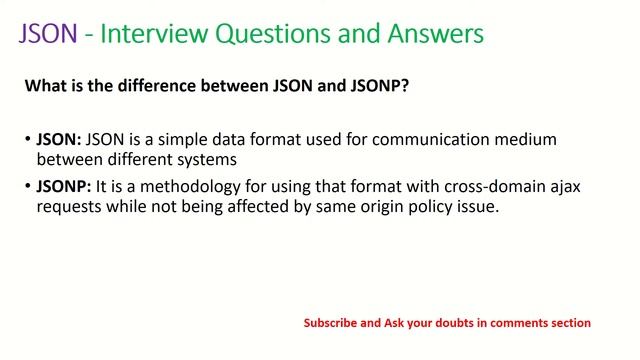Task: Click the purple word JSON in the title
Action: click(48, 34)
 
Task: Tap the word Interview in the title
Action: click(148, 34)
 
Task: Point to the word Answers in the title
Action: click(434, 34)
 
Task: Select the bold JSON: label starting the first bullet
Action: click(61, 139)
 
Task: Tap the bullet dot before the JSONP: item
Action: click(27, 189)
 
